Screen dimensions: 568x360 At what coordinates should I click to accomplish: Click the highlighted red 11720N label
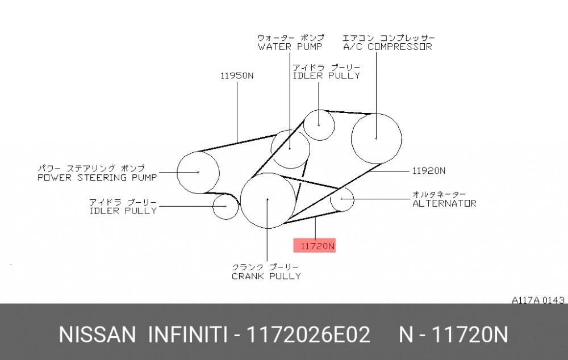(315, 245)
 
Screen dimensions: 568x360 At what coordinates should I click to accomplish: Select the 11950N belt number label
(237, 76)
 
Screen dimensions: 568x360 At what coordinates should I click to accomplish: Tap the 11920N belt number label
(428, 170)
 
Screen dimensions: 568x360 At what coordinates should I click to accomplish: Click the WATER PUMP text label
(290, 47)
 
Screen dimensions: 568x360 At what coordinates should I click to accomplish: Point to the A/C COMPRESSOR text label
(387, 47)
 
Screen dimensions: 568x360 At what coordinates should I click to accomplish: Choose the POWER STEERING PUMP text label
(97, 178)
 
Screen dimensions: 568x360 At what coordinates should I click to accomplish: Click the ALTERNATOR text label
(445, 203)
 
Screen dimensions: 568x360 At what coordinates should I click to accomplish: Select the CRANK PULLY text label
(266, 276)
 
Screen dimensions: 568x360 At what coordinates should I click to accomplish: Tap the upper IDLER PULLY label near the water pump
(327, 76)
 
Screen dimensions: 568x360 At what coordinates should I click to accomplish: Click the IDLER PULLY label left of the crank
(123, 211)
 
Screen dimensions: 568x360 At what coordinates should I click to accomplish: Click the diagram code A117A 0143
(538, 300)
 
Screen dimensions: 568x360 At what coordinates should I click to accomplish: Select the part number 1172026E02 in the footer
(308, 334)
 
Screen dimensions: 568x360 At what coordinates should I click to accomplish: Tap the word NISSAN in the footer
(97, 334)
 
